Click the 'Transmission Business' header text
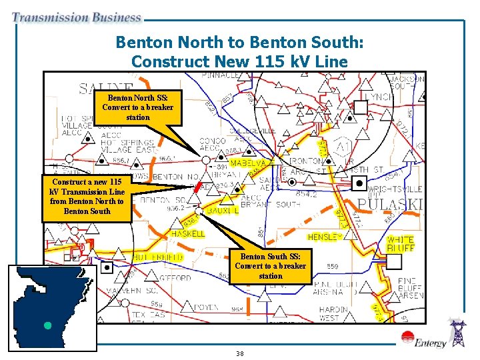pos(77,18)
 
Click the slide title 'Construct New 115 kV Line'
pos(240,61)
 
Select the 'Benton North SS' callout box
pos(138,107)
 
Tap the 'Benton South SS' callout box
pos(270,265)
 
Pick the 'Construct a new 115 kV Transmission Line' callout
pos(87,196)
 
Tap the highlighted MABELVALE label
pos(248,163)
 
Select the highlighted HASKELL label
pos(188,234)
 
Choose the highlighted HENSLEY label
pos(325,237)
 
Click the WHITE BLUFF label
pos(401,243)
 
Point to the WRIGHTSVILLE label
pos(396,189)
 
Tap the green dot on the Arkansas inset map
pos(47,326)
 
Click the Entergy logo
pos(430,343)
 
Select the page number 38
pos(239,353)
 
